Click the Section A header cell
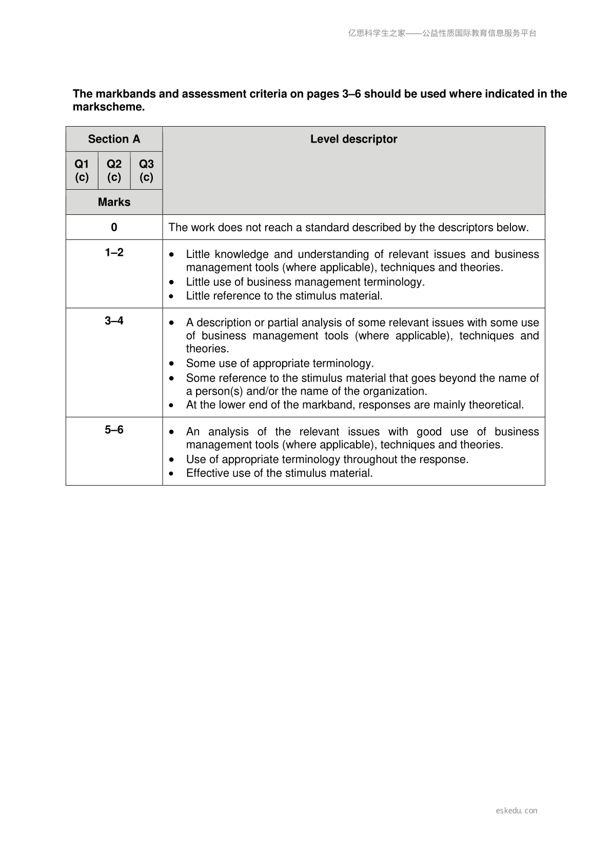(114, 139)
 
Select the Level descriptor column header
(353, 139)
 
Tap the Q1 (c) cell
(82, 170)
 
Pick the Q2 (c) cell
(114, 170)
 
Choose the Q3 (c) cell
(146, 170)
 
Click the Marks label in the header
(114, 202)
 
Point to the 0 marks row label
(114, 227)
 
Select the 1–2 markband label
(114, 252)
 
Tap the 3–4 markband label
(114, 320)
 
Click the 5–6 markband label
(114, 430)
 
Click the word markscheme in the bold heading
(108, 107)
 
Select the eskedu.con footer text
(516, 811)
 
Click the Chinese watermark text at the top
(442, 33)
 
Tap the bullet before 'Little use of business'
(171, 282)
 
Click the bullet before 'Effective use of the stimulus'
(171, 473)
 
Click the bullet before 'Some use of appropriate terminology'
(171, 364)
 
